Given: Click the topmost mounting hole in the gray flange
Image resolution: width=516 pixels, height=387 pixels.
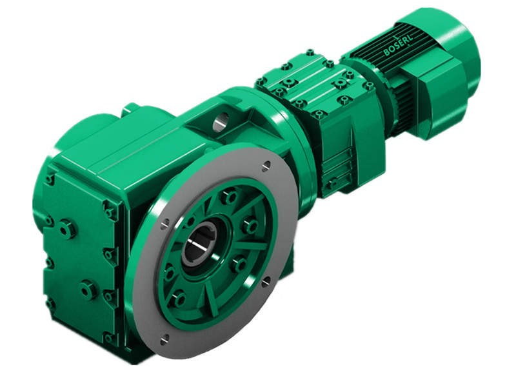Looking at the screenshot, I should [265, 166].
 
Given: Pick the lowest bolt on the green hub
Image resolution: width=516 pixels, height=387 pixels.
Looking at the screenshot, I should [179, 298].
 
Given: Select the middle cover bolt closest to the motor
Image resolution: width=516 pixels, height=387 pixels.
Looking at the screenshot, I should [369, 85].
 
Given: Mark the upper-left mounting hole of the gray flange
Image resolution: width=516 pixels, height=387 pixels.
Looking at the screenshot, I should [166, 223].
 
